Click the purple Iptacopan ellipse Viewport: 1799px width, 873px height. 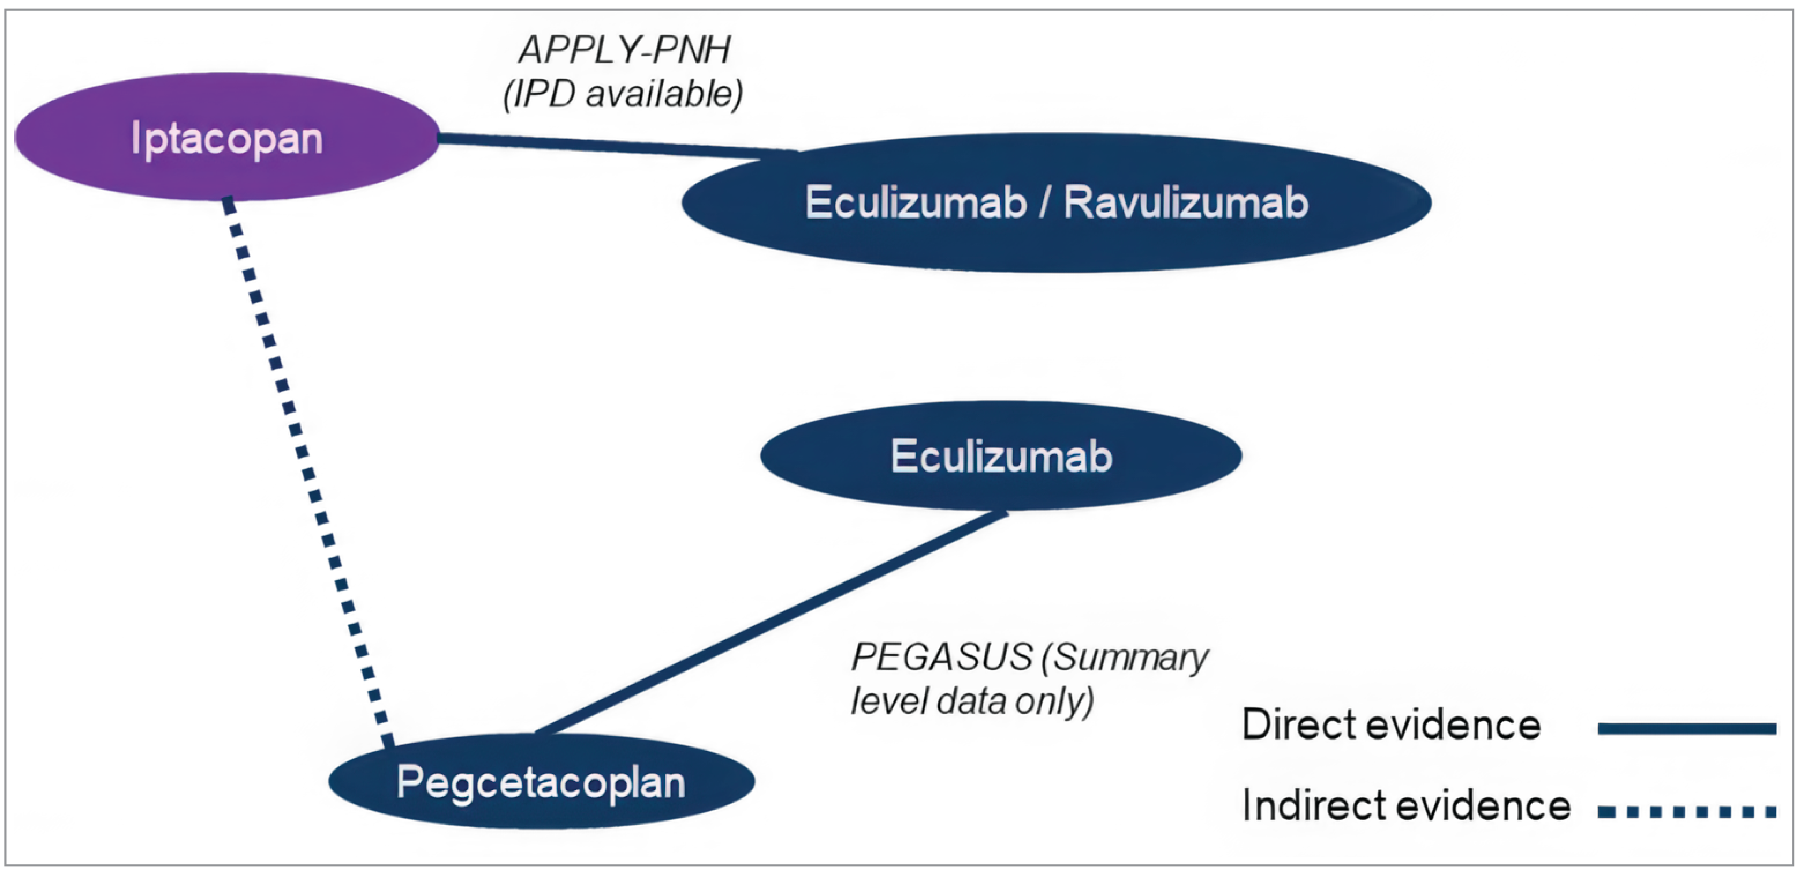[227, 137]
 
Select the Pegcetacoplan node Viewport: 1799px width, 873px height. [541, 782]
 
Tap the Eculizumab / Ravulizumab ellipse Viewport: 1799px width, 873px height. [1056, 202]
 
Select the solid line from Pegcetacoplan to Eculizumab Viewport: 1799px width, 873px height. [768, 623]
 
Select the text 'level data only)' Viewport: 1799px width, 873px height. [971, 701]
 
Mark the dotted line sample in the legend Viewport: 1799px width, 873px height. [1687, 812]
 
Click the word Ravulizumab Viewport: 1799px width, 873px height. [1185, 202]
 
